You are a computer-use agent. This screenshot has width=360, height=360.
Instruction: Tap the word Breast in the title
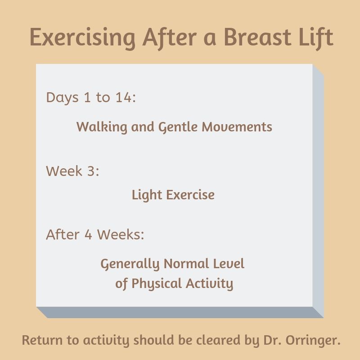(x=257, y=37)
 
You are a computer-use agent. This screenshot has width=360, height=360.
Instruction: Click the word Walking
(x=102, y=127)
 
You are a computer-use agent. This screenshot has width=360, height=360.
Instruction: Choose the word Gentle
(x=178, y=127)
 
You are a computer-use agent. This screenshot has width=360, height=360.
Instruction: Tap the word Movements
(x=237, y=127)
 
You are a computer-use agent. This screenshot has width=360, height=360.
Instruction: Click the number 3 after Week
(x=91, y=171)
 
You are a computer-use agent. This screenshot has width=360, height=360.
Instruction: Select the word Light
(x=147, y=195)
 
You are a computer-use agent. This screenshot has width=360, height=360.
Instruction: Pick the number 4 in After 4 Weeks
(x=88, y=234)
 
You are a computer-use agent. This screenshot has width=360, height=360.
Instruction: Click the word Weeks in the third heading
(x=121, y=234)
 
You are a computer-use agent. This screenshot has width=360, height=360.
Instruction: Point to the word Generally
(x=130, y=264)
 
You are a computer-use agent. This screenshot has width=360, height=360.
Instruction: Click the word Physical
(x=157, y=284)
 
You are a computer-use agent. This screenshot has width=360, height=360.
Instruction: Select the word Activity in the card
(x=210, y=284)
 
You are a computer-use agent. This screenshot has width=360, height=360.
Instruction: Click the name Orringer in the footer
(x=313, y=341)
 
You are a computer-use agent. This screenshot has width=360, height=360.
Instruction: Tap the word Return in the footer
(x=42, y=340)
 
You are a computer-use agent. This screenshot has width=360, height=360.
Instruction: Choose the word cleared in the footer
(x=218, y=340)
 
